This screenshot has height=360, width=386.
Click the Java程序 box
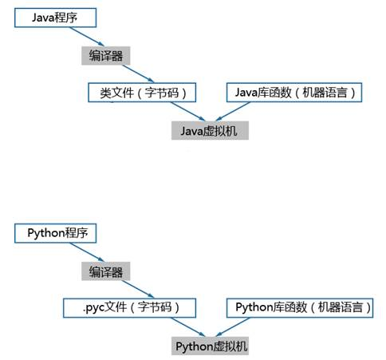click(55, 18)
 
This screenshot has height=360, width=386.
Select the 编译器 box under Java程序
click(106, 56)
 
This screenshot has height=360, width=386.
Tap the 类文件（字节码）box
click(142, 93)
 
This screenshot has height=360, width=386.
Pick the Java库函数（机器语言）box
click(294, 93)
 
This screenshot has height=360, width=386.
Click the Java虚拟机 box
click(210, 130)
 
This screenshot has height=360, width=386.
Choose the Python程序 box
click(55, 233)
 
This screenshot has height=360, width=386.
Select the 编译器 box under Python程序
click(106, 271)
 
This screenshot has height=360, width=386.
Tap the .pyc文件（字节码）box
click(129, 308)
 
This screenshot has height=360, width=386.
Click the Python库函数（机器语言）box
click(300, 308)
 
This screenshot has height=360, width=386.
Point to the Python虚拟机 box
click(210, 346)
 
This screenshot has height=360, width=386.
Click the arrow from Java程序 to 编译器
click(87, 37)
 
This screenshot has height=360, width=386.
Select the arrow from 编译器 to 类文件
click(138, 73)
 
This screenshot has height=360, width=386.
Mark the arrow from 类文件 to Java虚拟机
click(187, 112)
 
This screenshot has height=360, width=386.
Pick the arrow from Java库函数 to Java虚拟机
click(233, 112)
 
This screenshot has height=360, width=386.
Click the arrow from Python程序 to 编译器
click(87, 252)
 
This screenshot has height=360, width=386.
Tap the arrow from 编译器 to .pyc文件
click(138, 289)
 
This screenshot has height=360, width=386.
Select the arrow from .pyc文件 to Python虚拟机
click(187, 327)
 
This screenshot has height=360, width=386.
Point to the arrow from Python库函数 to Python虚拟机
click(233, 327)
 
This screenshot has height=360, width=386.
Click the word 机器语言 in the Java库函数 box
click(325, 93)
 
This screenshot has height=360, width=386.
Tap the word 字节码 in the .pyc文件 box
click(155, 307)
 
